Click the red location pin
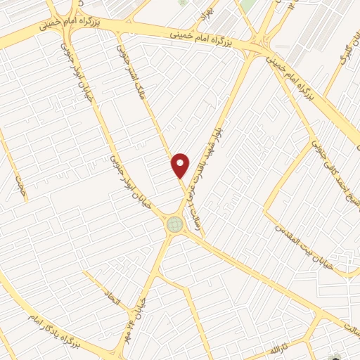(181, 164)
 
